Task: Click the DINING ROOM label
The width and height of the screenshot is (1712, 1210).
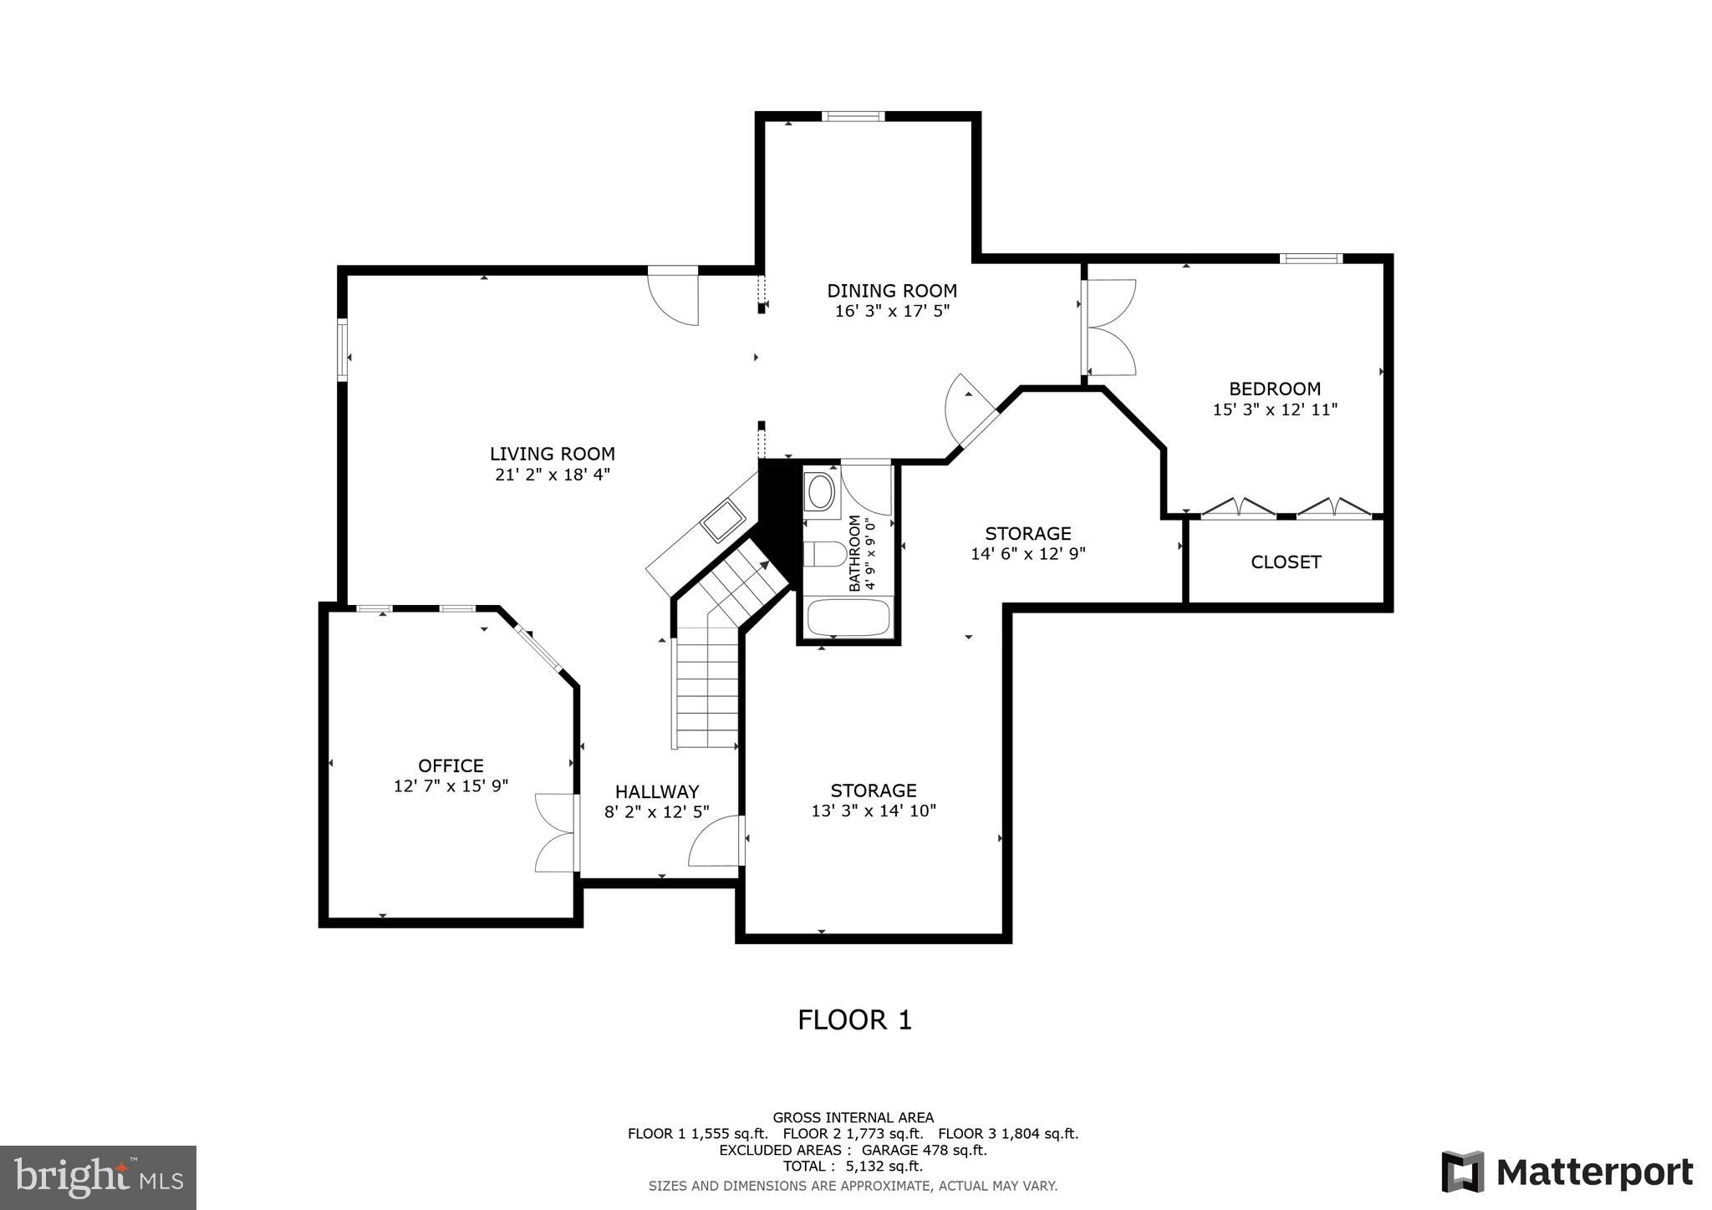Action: pyautogui.click(x=892, y=291)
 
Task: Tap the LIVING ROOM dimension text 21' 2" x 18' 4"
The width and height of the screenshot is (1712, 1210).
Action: pyautogui.click(x=552, y=475)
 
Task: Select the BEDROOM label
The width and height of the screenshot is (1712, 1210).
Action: pyautogui.click(x=1275, y=389)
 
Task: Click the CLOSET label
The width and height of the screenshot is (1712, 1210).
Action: pyautogui.click(x=1286, y=562)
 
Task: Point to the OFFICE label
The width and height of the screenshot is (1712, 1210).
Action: pyautogui.click(x=451, y=765)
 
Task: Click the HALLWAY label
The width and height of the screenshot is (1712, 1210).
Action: pyautogui.click(x=657, y=791)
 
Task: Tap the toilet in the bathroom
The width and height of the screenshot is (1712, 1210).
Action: pyautogui.click(x=824, y=554)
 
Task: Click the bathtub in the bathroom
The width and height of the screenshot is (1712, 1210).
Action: pyautogui.click(x=848, y=618)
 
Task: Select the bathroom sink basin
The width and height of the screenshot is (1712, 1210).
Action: pyautogui.click(x=821, y=492)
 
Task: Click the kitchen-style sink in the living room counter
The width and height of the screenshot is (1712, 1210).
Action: pyautogui.click(x=722, y=521)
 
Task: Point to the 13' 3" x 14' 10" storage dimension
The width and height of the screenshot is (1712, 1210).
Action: pyautogui.click(x=874, y=811)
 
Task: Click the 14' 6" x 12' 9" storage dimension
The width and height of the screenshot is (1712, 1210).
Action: pyautogui.click(x=1027, y=553)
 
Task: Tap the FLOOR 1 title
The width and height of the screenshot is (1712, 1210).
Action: pyautogui.click(x=854, y=1020)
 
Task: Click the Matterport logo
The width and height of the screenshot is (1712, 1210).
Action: pyautogui.click(x=1567, y=1172)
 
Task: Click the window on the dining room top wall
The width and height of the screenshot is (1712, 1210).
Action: pyautogui.click(x=852, y=116)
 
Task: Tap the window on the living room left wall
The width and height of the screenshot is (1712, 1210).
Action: pyautogui.click(x=342, y=350)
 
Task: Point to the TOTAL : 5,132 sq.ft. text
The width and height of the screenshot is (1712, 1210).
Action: pyautogui.click(x=853, y=1166)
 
